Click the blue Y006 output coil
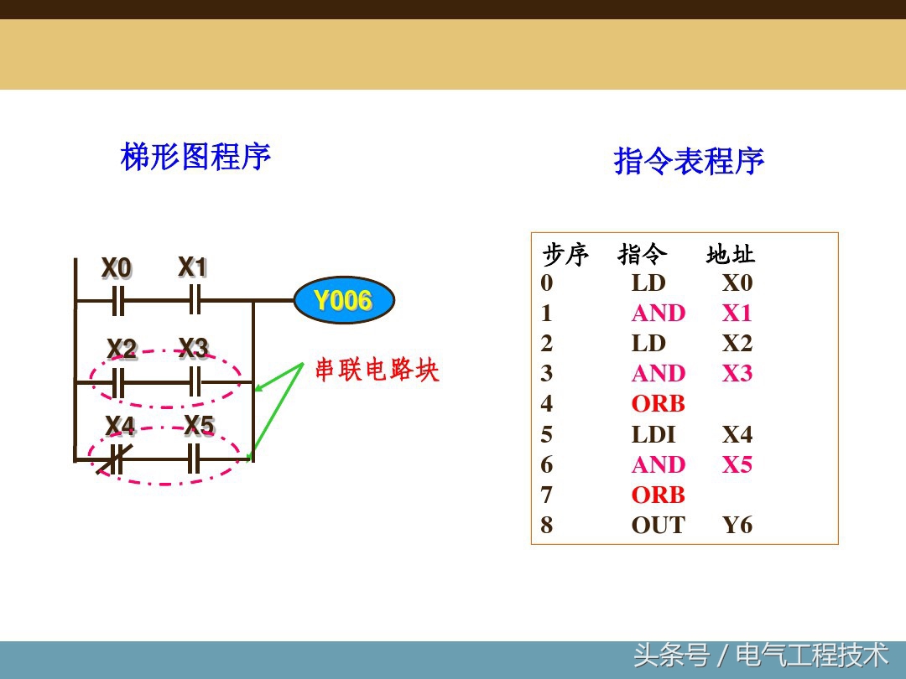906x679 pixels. [x=343, y=300]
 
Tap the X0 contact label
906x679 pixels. [x=117, y=269]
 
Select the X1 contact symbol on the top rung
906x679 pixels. [x=195, y=299]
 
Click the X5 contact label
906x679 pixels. [x=199, y=426]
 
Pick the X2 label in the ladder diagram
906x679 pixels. [x=122, y=349]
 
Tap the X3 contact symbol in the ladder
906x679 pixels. [x=195, y=382]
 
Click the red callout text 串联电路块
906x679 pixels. [x=377, y=370]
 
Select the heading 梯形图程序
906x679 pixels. [x=195, y=157]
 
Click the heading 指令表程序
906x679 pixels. [x=689, y=161]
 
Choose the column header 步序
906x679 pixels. [x=565, y=254]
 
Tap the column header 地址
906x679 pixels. [x=731, y=254]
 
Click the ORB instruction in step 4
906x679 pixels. [x=658, y=404]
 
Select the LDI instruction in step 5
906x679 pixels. [x=653, y=434]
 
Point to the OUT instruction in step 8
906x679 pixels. [x=658, y=526]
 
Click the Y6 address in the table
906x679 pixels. [x=737, y=526]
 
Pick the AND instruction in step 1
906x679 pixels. [x=658, y=313]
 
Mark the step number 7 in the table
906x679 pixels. [x=547, y=495]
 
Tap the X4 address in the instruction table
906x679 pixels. [x=737, y=434]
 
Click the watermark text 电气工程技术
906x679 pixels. [x=811, y=655]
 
